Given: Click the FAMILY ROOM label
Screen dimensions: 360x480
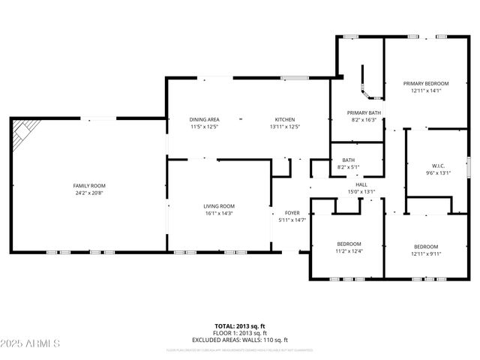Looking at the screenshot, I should pyautogui.click(x=89, y=185).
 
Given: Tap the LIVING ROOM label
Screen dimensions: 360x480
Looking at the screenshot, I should pyautogui.click(x=219, y=206).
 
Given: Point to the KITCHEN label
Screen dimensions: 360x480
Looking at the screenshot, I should pyautogui.click(x=284, y=119).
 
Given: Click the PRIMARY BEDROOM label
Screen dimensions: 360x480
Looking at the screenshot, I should pyautogui.click(x=425, y=83).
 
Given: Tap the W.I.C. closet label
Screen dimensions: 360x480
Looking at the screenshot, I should pyautogui.click(x=438, y=166).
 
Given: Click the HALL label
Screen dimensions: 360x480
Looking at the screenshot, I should pyautogui.click(x=361, y=184).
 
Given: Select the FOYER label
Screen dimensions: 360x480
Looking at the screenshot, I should pyautogui.click(x=292, y=213).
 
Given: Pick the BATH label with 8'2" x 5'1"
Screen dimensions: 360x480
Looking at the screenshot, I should pyautogui.click(x=349, y=160).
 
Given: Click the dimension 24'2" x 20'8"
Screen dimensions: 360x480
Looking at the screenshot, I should pyautogui.click(x=89, y=193).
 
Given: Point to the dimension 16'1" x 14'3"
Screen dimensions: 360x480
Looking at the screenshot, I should pyautogui.click(x=219, y=214).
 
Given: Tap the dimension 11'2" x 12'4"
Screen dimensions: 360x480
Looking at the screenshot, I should pyautogui.click(x=349, y=251).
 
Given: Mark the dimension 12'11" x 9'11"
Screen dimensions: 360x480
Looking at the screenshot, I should pyautogui.click(x=425, y=253).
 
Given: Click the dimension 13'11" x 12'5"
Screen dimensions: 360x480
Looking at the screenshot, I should pyautogui.click(x=284, y=127).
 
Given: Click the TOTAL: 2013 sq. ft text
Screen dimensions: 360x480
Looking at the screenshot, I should pyautogui.click(x=240, y=326).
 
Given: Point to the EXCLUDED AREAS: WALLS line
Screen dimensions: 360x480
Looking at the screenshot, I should pyautogui.click(x=240, y=340).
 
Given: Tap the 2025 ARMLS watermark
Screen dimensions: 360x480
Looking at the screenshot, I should pyautogui.click(x=31, y=343).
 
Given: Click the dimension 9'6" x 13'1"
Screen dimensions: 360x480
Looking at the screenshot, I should pyautogui.click(x=438, y=173).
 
